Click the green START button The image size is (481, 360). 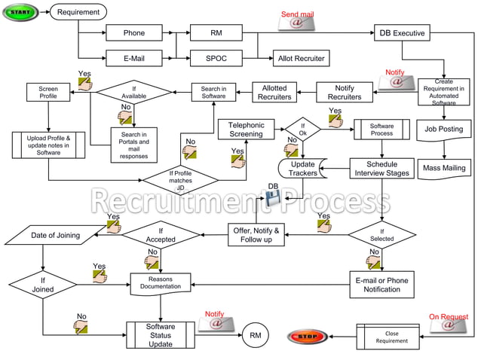coord(22,12)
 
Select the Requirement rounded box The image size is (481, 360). coord(78,12)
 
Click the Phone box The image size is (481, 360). coord(134,33)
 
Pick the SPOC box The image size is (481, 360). coord(216,57)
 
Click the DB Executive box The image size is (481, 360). coord(402,33)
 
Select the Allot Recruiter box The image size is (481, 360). coord(300,57)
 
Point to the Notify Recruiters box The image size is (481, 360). coord(345,93)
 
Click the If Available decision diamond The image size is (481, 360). coord(139,93)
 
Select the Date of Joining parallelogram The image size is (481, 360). coord(55,236)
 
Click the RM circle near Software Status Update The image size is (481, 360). coord(255,334)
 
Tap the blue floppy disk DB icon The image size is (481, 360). coord(272,197)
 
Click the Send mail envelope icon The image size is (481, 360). coord(296,23)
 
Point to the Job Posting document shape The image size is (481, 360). coord(444,130)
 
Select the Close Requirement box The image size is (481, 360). coord(391,337)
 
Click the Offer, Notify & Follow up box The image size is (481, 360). coord(256,235)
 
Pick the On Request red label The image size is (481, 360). coord(448,317)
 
